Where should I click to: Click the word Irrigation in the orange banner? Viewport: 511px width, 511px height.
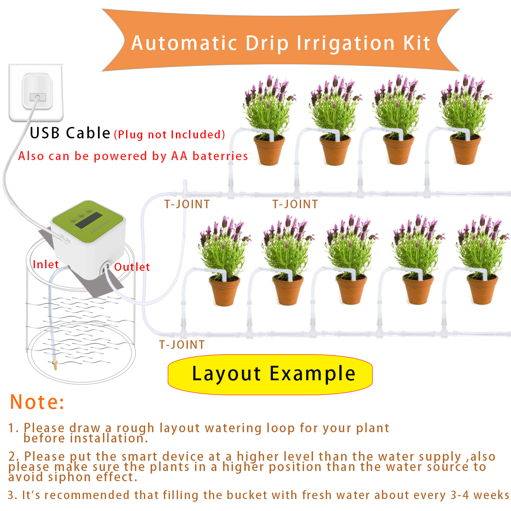[345, 43]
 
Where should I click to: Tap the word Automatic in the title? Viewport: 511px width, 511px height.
[184, 43]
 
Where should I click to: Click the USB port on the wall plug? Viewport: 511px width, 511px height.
[37, 97]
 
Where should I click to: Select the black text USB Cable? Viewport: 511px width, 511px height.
[70, 133]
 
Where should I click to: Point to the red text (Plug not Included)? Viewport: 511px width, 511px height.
[169, 135]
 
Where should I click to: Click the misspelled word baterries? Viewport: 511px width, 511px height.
[220, 156]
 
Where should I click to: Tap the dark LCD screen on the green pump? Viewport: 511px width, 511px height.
[94, 220]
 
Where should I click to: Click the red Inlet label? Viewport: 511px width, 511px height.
[46, 264]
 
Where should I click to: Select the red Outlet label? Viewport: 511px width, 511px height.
[132, 267]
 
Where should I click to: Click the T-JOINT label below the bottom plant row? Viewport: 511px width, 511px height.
[182, 344]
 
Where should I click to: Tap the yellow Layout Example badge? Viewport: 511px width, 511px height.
[270, 374]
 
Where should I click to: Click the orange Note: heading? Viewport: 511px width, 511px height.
[37, 402]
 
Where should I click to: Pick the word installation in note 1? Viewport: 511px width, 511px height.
[108, 438]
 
